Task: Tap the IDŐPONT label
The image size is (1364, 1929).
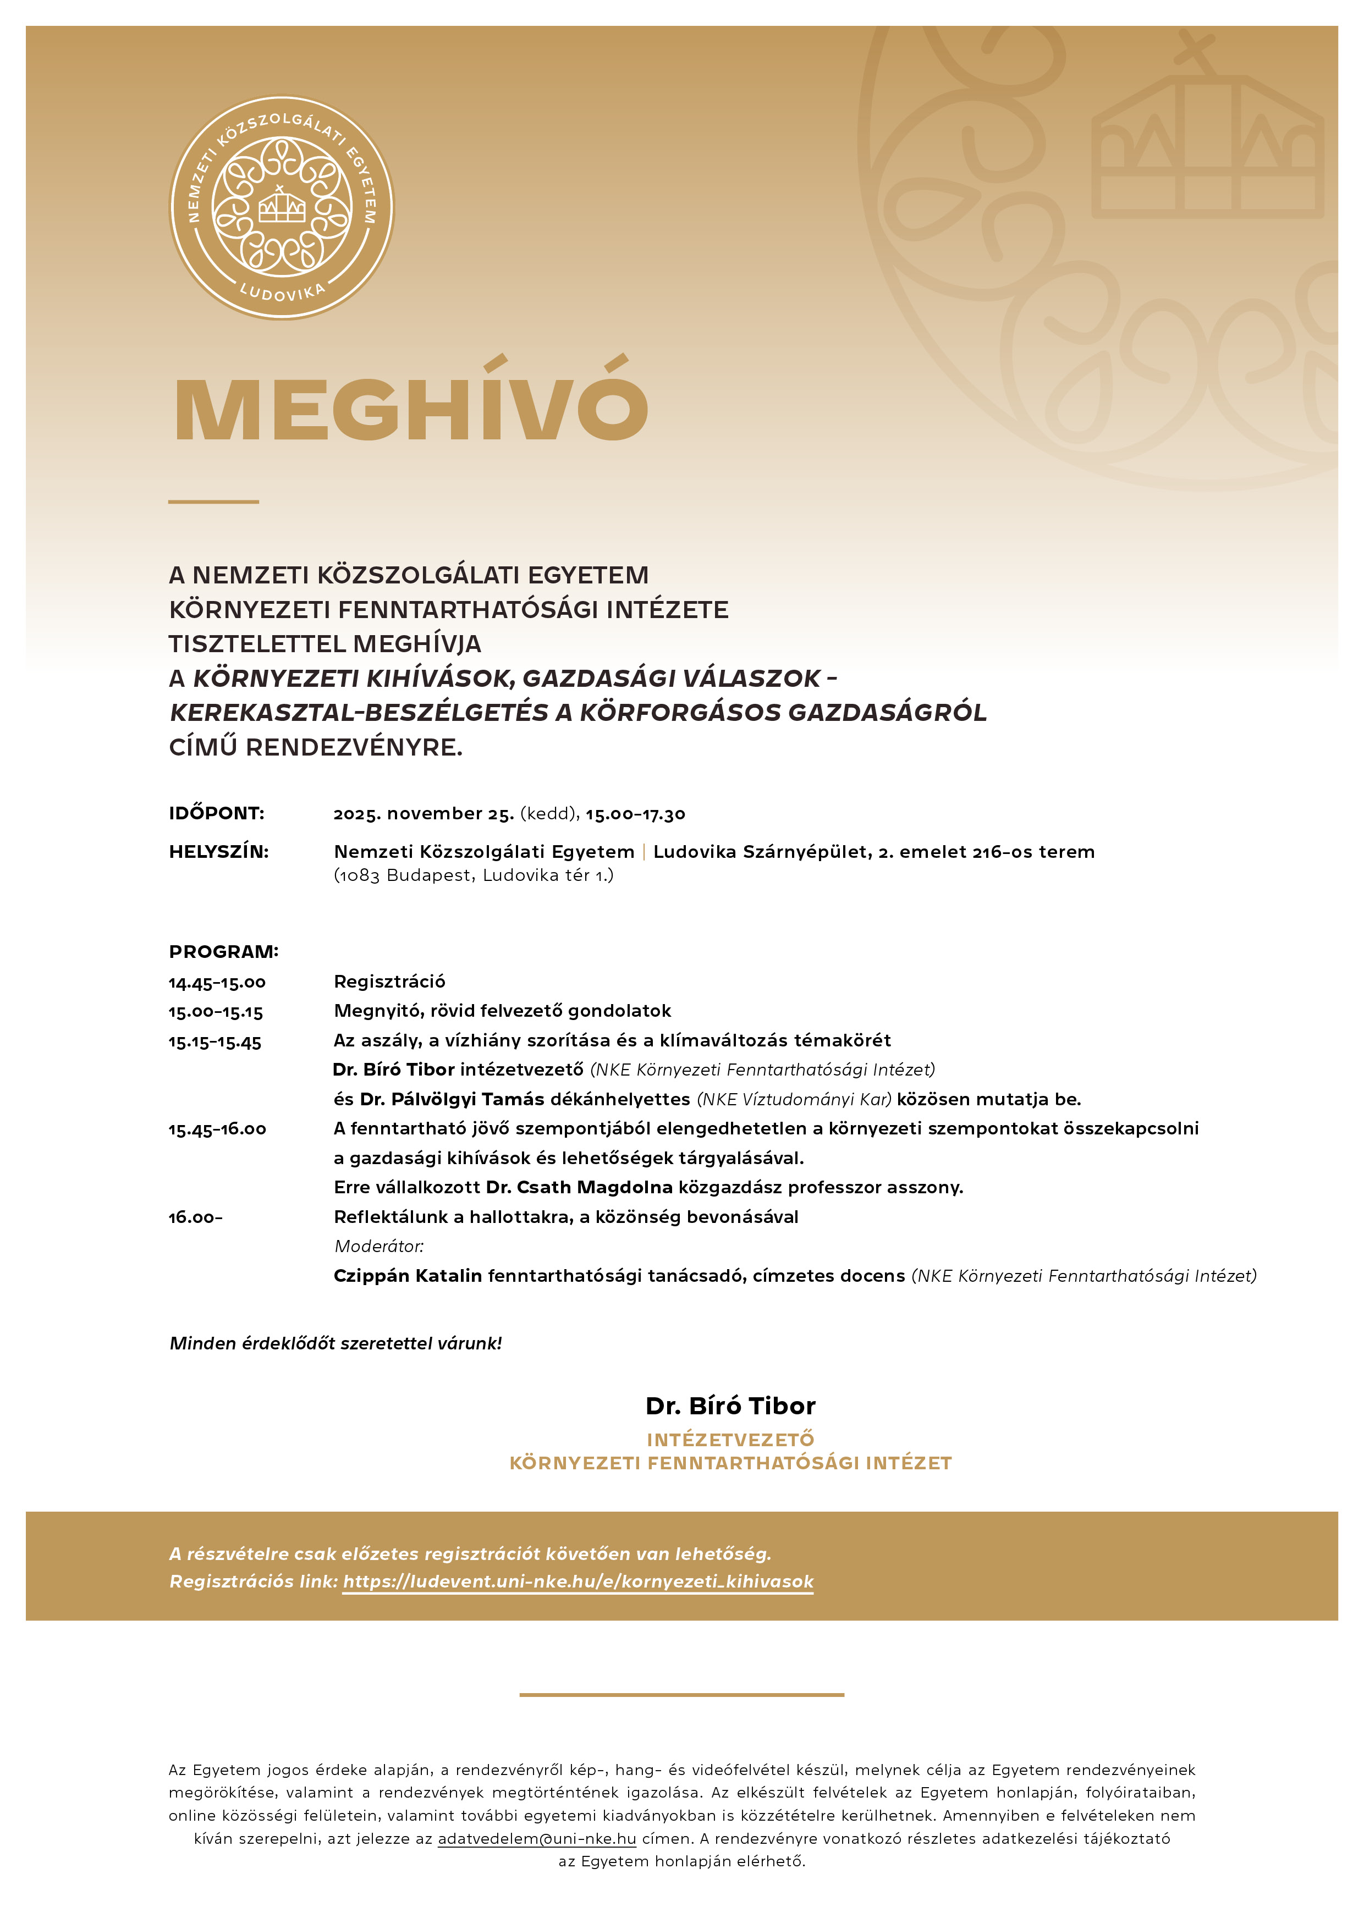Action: coord(216,813)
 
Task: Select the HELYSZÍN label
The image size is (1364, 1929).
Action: coord(218,851)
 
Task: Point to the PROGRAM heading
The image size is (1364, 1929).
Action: coord(223,952)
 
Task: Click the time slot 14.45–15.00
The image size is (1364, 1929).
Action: coord(217,982)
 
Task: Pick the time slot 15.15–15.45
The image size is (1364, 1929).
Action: coord(215,1042)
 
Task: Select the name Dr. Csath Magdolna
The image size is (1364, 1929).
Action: coord(579,1187)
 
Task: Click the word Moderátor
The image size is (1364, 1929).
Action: coord(378,1246)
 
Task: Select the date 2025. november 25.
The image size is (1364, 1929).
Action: coord(424,813)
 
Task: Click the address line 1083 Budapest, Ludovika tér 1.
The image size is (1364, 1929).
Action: coord(474,875)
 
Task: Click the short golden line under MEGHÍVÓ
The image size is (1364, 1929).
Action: coord(213,501)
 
